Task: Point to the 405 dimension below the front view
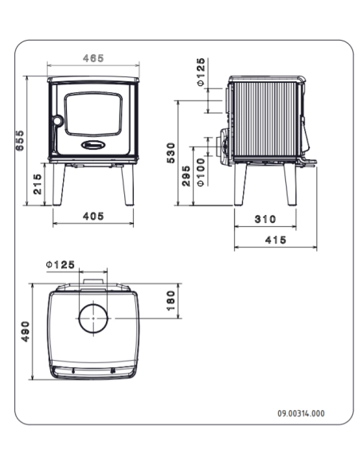coord(94,217)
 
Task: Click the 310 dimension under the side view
coord(266,218)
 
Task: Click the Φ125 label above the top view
coord(60,264)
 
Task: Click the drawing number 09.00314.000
coord(300,414)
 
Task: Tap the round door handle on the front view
coord(57,121)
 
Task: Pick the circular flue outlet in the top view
coord(94,319)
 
